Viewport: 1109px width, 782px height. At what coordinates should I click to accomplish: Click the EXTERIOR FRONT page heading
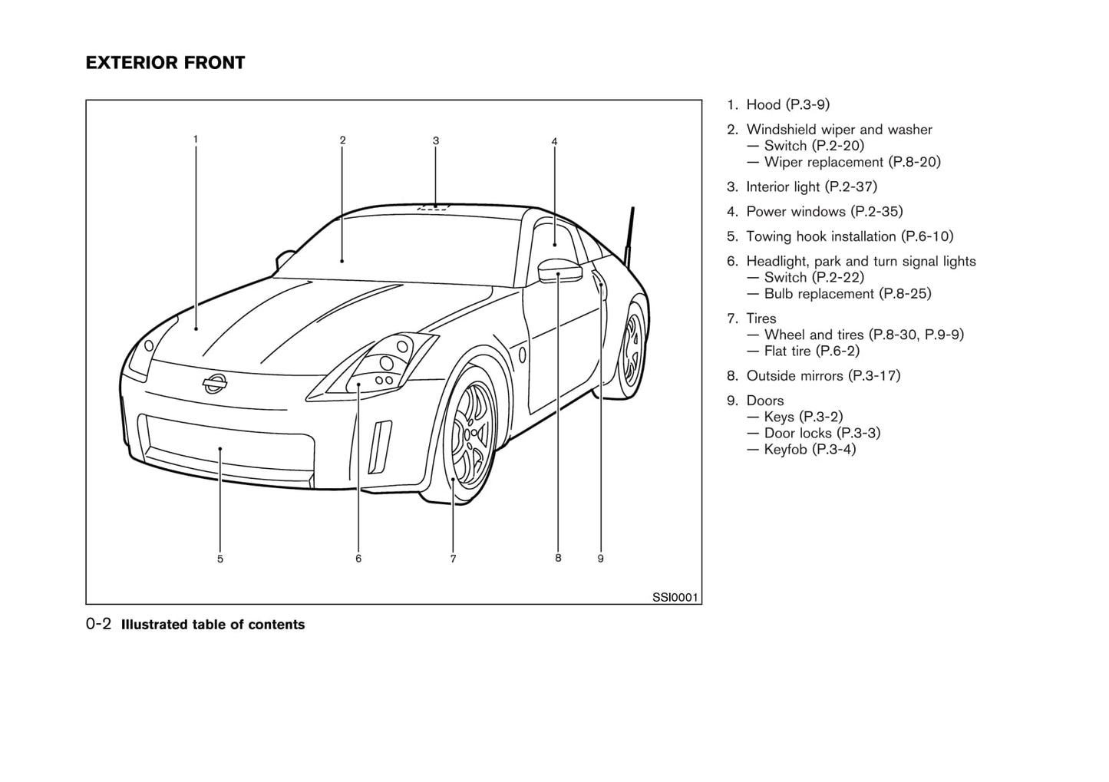(x=165, y=63)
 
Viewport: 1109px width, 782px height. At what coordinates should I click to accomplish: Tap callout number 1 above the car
(x=196, y=139)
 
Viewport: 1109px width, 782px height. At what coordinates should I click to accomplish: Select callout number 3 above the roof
(x=435, y=140)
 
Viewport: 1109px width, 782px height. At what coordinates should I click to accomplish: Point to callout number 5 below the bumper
(x=220, y=559)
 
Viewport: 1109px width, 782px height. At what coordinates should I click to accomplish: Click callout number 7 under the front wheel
(x=453, y=559)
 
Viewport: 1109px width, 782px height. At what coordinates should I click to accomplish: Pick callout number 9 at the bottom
(x=600, y=559)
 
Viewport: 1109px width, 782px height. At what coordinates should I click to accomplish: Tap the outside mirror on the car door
(x=559, y=270)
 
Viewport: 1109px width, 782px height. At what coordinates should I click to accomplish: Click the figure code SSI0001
(x=675, y=597)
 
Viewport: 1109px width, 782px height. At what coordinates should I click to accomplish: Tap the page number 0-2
(x=99, y=624)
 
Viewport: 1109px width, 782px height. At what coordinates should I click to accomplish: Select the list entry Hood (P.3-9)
(x=787, y=104)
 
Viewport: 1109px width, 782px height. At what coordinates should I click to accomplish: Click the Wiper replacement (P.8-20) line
(x=852, y=162)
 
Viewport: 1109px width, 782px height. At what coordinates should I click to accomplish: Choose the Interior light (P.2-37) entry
(x=811, y=186)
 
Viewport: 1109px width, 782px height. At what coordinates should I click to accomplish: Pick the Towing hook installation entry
(x=850, y=236)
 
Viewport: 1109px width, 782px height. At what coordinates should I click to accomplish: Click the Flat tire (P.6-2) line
(x=811, y=351)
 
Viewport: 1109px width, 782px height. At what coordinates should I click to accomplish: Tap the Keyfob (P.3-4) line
(x=809, y=449)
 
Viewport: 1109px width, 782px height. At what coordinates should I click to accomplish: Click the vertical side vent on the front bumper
(x=380, y=446)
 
